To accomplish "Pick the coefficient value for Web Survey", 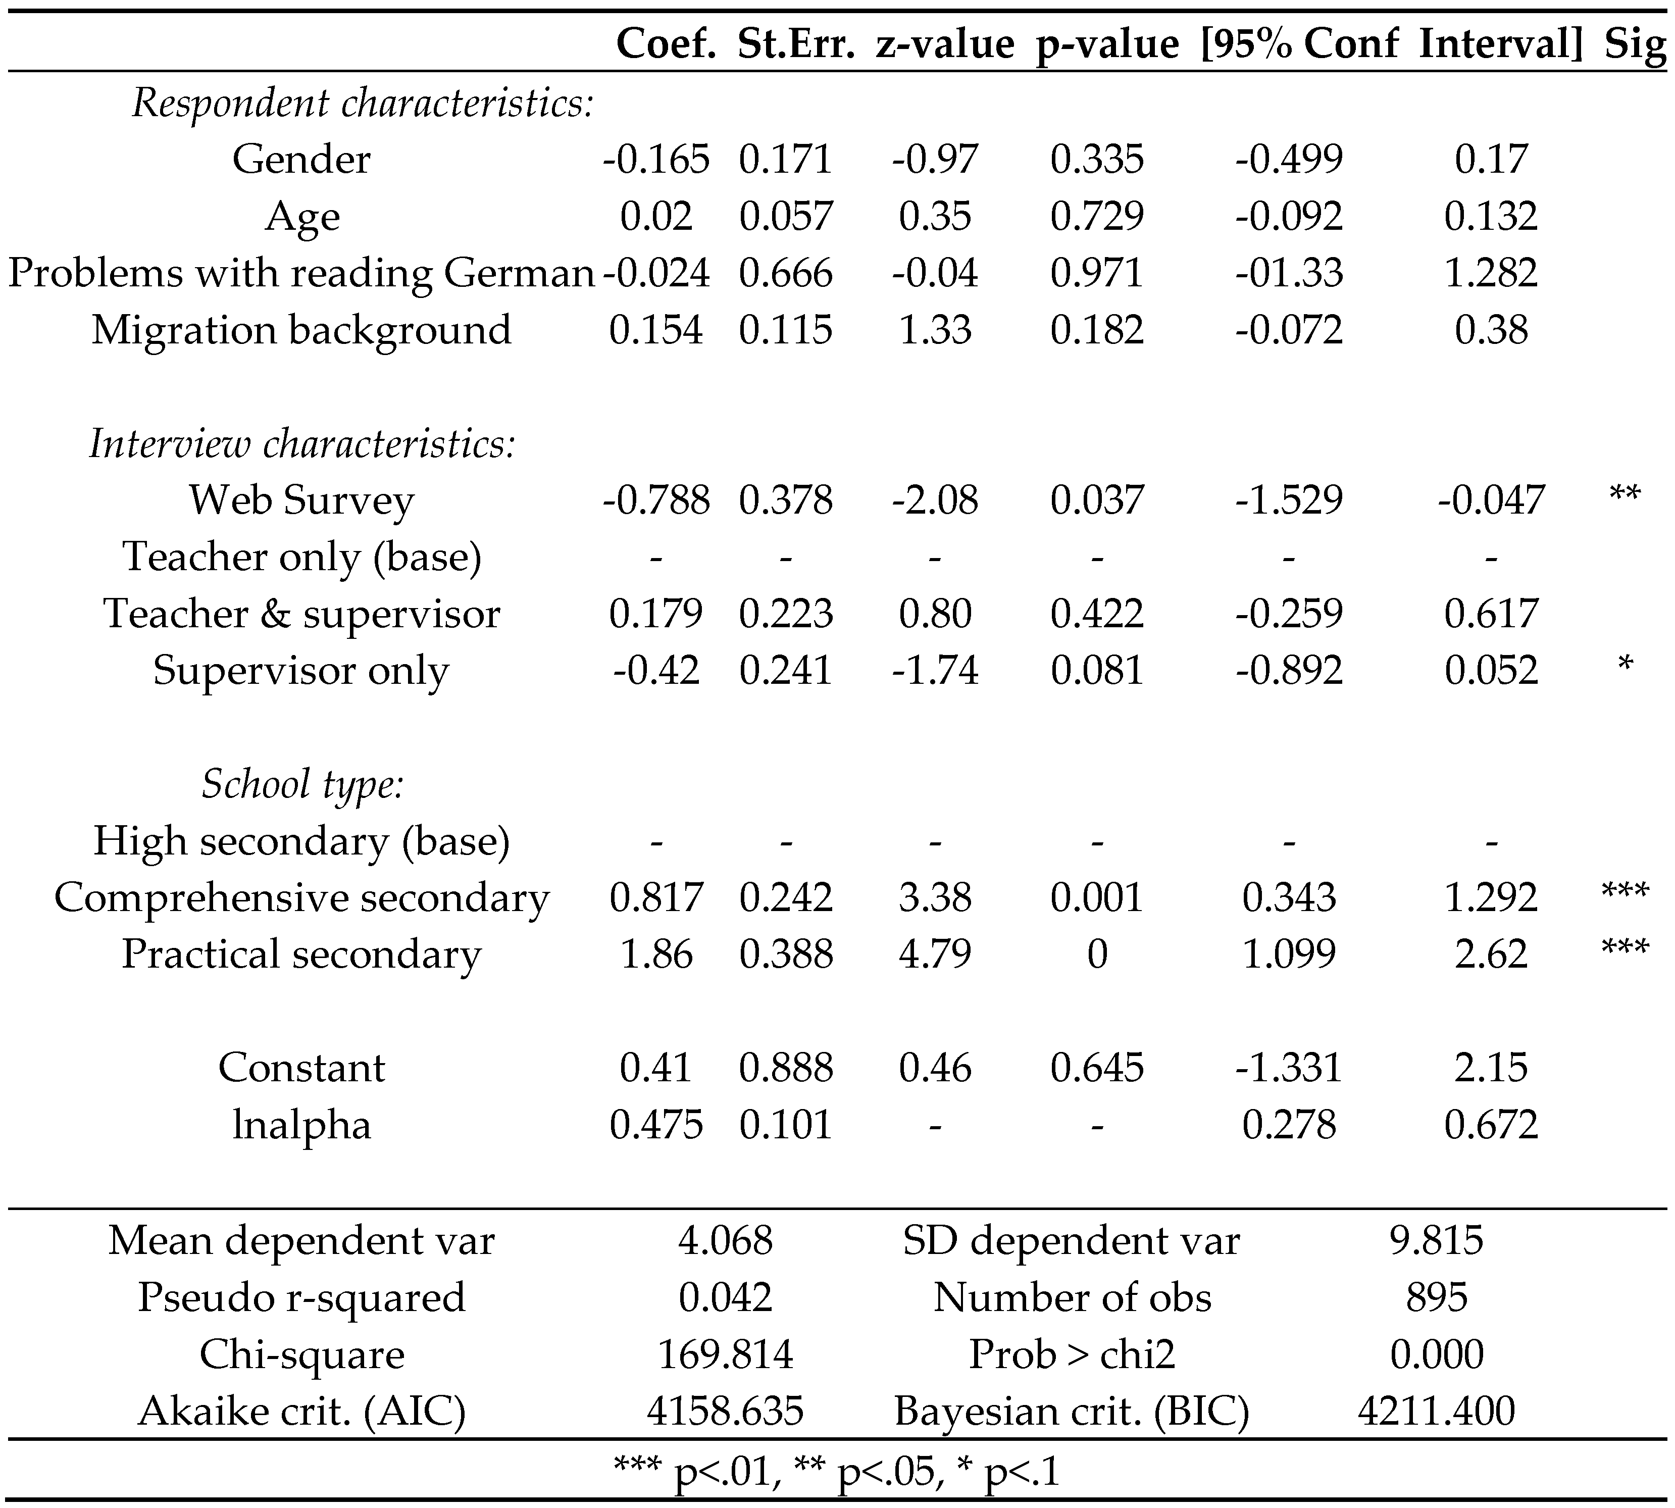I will tap(656, 499).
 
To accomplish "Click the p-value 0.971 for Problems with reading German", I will tap(1097, 273).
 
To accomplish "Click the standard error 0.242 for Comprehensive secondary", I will tap(785, 897).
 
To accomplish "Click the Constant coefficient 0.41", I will tap(656, 1067).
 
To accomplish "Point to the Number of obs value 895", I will tap(1437, 1297).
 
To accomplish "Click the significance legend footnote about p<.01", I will tap(837, 1472).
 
